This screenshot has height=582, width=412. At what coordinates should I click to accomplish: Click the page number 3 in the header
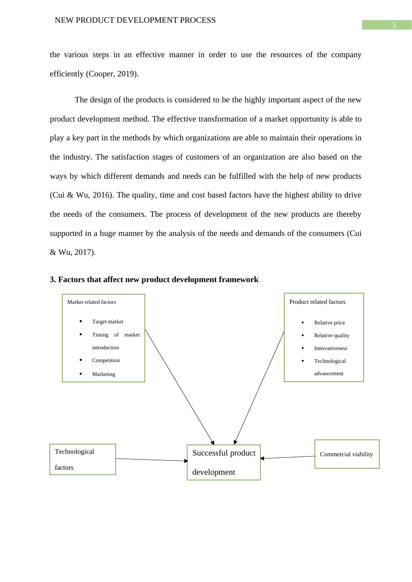click(x=393, y=25)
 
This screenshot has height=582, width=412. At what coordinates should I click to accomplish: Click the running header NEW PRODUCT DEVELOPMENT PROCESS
click(x=135, y=20)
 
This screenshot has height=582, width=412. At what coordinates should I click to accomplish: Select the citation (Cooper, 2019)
click(x=112, y=74)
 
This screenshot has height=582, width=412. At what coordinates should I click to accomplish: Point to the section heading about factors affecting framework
click(x=154, y=280)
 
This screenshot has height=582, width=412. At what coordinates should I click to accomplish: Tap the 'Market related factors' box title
click(x=91, y=302)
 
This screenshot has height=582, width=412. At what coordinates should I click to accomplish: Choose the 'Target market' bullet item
click(x=107, y=322)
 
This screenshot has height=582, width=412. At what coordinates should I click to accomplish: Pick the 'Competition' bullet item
click(x=106, y=360)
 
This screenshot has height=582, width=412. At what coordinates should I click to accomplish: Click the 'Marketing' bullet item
click(x=104, y=374)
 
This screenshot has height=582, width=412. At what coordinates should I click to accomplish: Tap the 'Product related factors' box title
click(x=317, y=302)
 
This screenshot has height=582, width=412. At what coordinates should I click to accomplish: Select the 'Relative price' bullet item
click(x=329, y=323)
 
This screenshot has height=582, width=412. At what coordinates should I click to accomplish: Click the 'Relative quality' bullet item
click(x=332, y=335)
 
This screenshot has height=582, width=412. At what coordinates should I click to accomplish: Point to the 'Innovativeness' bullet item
click(x=331, y=348)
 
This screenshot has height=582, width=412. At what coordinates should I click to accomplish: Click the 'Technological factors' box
click(x=83, y=459)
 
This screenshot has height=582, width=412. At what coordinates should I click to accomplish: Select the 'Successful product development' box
click(x=224, y=462)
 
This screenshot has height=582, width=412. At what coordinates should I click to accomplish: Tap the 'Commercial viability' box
click(x=347, y=454)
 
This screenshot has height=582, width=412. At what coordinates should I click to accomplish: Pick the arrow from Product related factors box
click(x=259, y=387)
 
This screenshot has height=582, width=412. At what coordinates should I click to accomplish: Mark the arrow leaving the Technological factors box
click(x=152, y=460)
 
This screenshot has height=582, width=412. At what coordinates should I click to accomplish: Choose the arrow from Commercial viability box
click(x=288, y=457)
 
